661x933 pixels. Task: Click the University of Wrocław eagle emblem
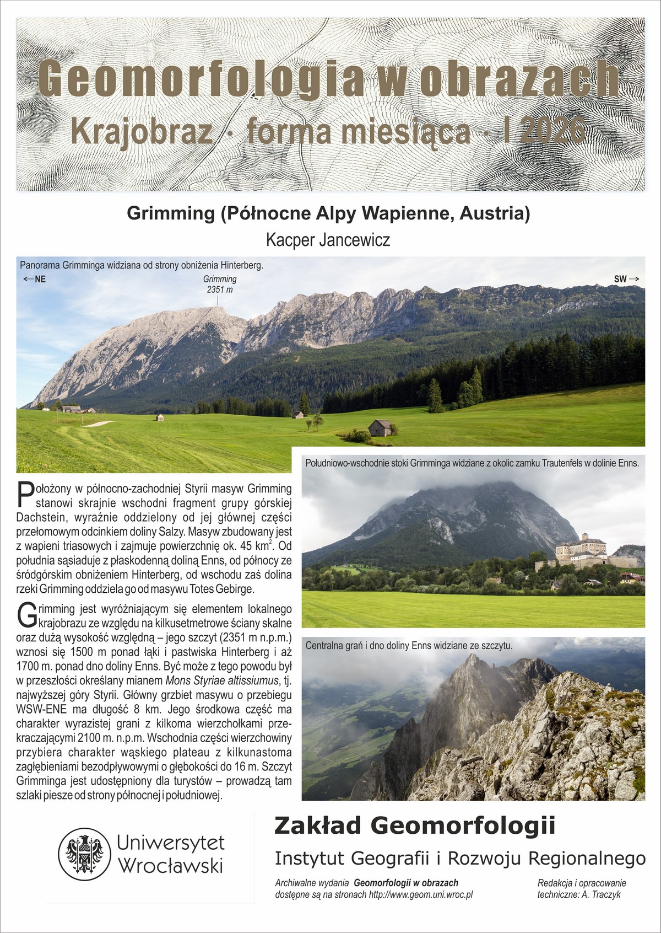point(85,854)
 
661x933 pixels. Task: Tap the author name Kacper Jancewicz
point(328,240)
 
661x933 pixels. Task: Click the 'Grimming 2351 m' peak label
point(219,284)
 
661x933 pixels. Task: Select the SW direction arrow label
point(626,279)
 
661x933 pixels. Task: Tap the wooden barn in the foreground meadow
point(381,427)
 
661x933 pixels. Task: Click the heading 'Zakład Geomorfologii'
point(415,826)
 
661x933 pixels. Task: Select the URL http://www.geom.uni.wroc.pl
point(421,894)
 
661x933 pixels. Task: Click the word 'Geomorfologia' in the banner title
point(201,79)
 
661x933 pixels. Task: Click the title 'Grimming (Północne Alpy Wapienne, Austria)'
point(328,213)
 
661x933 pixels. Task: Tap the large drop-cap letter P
point(25,494)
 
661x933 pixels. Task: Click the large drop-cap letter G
point(27,615)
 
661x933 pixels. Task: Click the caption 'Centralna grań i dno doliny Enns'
point(409,645)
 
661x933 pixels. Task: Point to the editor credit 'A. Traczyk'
point(600,894)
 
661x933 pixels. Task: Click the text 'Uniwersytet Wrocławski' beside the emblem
point(171,854)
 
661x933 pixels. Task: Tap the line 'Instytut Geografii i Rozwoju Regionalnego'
point(460,859)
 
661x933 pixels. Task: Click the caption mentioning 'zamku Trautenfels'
point(472,463)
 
